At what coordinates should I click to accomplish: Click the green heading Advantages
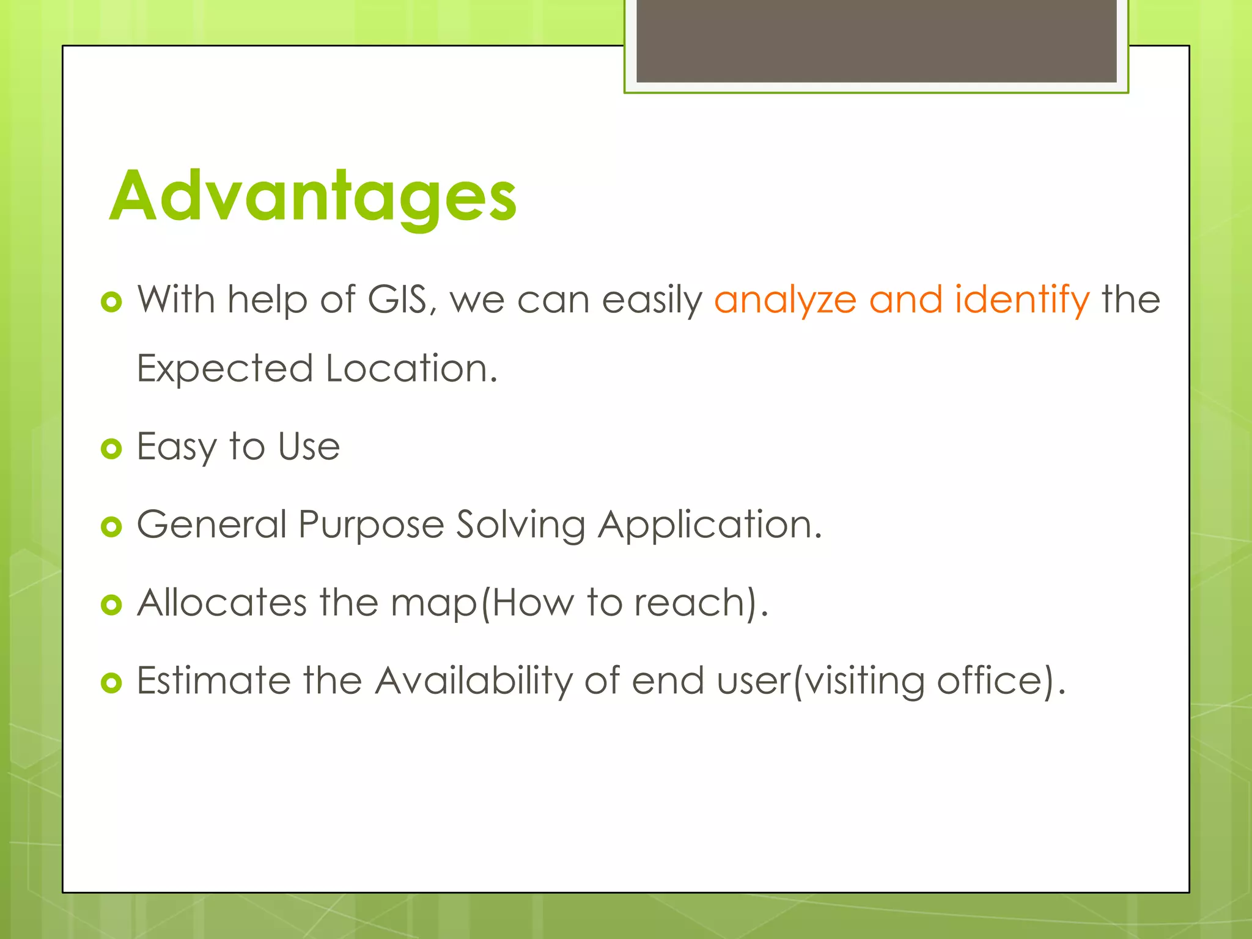pos(313,197)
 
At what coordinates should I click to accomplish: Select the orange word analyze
pos(785,301)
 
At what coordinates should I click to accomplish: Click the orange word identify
pos(1022,301)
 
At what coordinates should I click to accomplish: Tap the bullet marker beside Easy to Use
pos(111,449)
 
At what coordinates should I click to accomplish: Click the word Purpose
pos(371,526)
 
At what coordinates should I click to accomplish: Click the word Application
pos(709,526)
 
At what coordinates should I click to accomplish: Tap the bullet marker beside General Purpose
pos(111,527)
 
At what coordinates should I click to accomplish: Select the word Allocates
pos(221,603)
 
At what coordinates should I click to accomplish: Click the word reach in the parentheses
pos(688,603)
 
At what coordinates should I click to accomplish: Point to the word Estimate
pos(213,680)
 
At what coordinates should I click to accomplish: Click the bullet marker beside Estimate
pos(111,683)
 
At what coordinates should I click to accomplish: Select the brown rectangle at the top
pos(876,40)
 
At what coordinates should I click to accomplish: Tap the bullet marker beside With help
pos(111,302)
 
